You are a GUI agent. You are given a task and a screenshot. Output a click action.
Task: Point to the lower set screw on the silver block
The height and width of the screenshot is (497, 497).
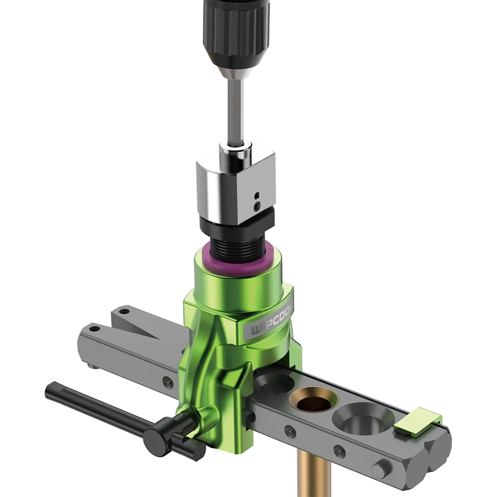tap(257, 206)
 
